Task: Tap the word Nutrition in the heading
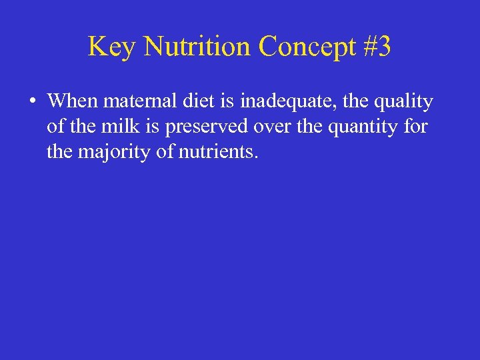pos(197,47)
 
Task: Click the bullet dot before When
pos(31,103)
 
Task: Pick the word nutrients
pos(217,152)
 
